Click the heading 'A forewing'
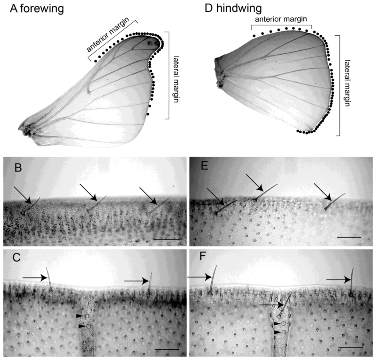37,8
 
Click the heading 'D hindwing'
234,8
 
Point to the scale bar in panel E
349,237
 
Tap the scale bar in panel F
350,346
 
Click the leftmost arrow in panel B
22,195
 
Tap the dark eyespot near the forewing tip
150,43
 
